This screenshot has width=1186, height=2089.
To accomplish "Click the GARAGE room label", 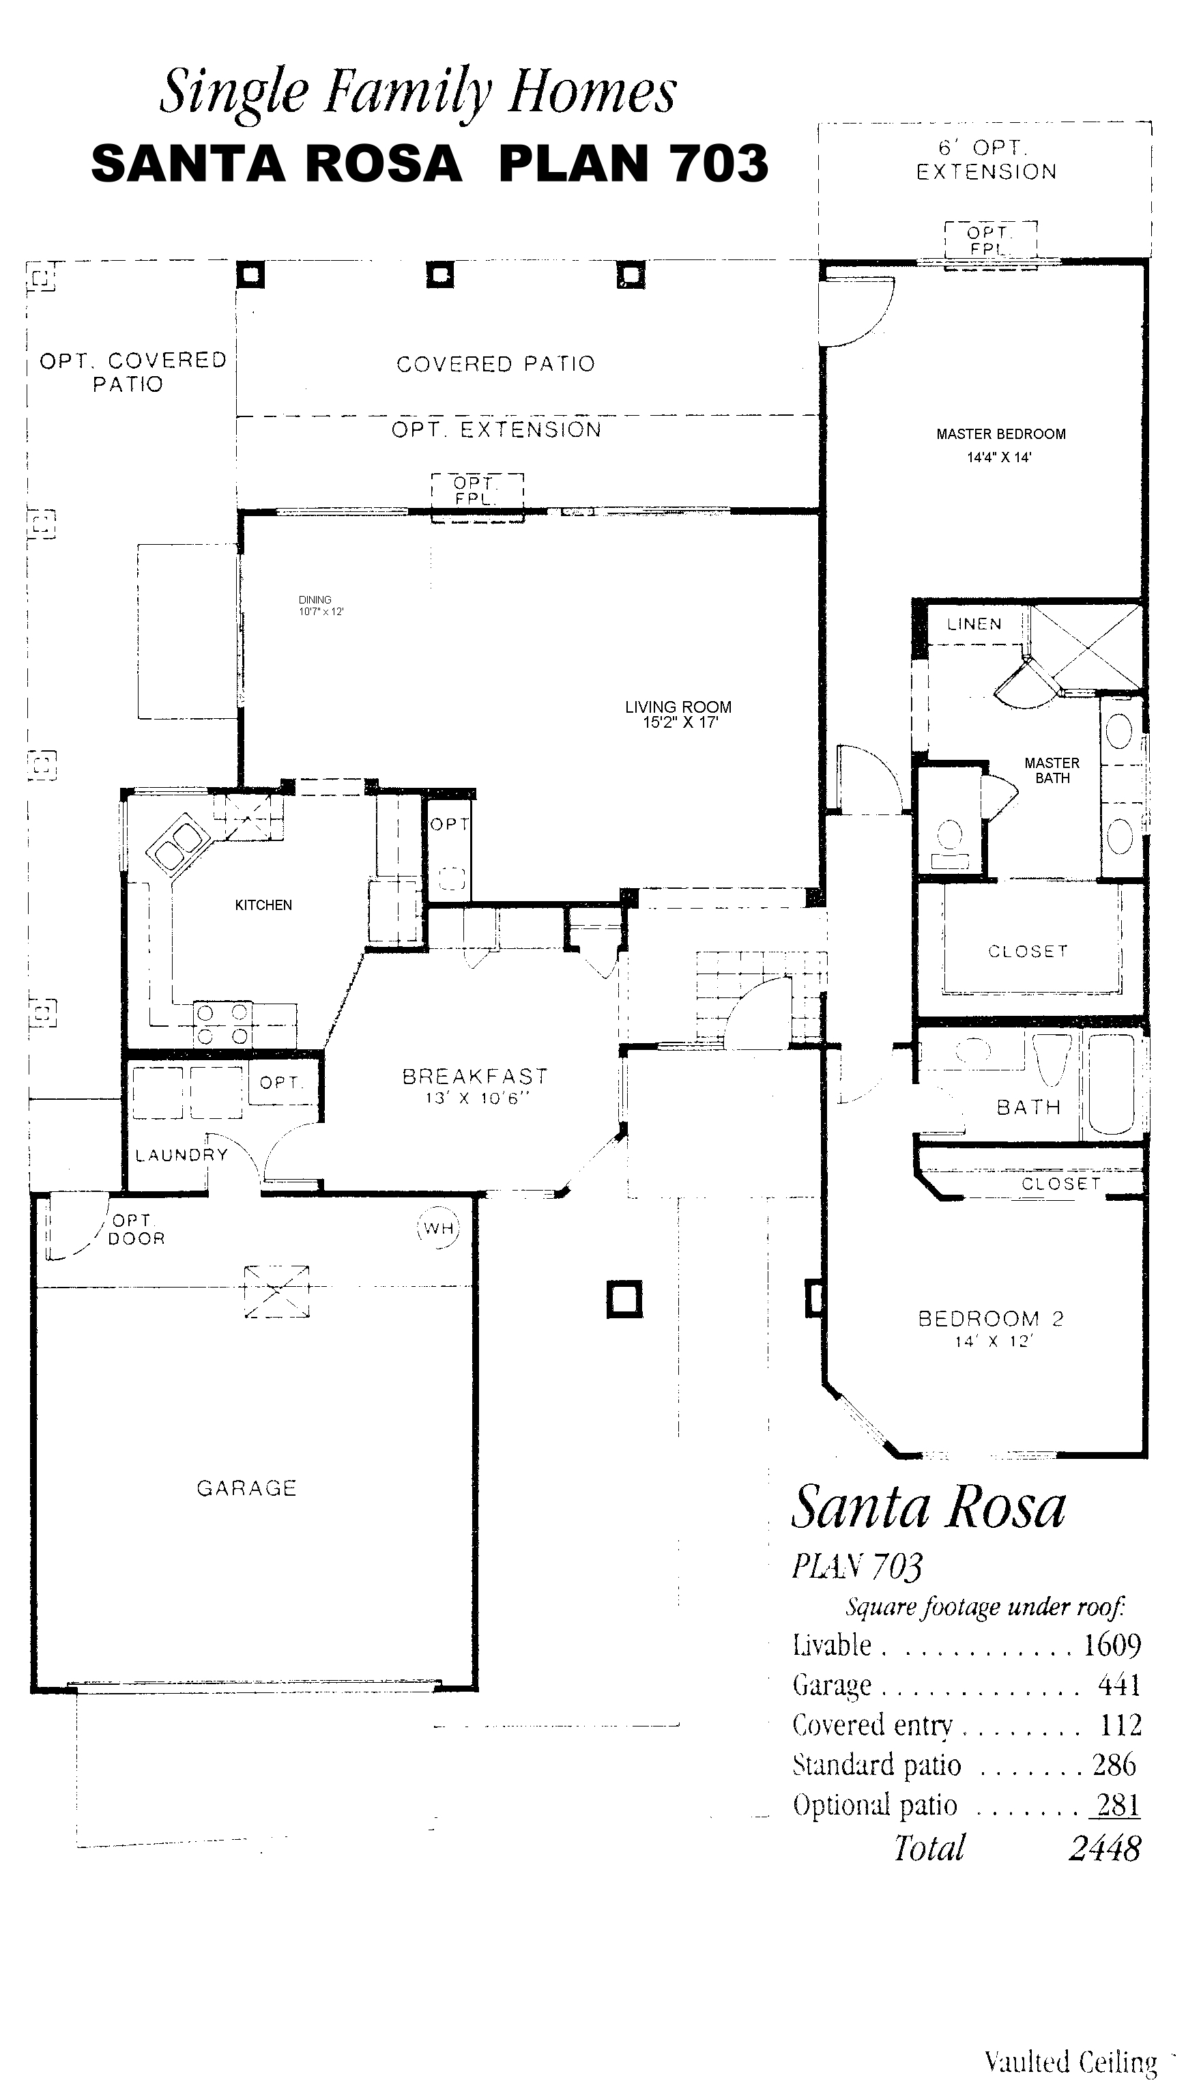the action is click(x=246, y=1488).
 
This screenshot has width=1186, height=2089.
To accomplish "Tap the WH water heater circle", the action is click(x=438, y=1228).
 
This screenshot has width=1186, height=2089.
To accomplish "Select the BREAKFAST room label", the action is click(x=476, y=1077).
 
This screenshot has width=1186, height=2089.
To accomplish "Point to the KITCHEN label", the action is click(x=263, y=905).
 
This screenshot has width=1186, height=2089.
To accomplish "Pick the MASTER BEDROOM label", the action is click(x=1001, y=434).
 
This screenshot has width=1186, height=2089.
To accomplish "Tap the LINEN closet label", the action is click(x=974, y=624).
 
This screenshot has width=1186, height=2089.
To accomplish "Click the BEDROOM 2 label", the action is click(x=992, y=1318).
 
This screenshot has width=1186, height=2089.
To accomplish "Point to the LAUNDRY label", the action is click(x=181, y=1154).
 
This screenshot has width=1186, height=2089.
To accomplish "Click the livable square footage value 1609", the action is click(x=1112, y=1645).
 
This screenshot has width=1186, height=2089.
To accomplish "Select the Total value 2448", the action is click(x=1105, y=1848).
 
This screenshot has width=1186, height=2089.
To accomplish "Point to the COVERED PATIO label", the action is click(x=495, y=364).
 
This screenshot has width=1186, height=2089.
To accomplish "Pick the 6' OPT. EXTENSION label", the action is click(x=987, y=160).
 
